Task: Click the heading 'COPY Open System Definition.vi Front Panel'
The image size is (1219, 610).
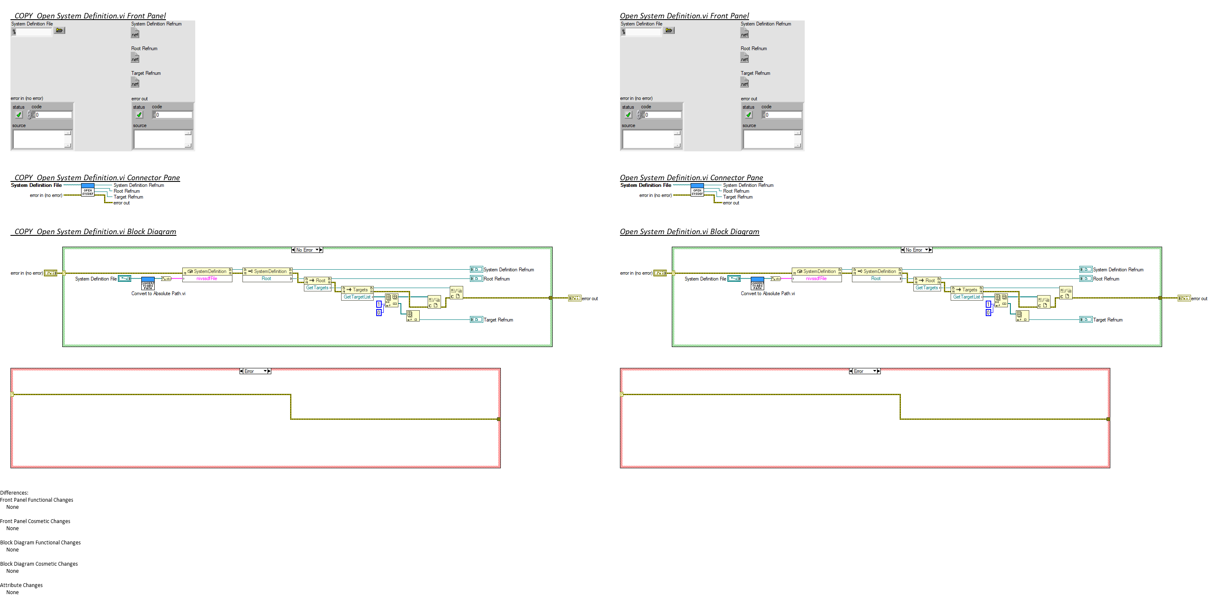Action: point(90,16)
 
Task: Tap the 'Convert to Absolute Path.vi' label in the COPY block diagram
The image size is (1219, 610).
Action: point(158,294)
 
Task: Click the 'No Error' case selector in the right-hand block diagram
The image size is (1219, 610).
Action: point(917,250)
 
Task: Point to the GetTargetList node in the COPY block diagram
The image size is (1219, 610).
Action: point(357,297)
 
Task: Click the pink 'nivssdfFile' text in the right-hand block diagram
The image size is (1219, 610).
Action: point(816,279)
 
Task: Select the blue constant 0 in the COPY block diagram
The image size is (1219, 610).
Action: point(379,313)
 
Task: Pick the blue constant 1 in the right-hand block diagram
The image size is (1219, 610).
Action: point(988,304)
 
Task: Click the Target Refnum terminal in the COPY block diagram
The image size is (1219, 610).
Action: point(476,320)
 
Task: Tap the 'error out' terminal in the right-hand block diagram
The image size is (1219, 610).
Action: point(1184,299)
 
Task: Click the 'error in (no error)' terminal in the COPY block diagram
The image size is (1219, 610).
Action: point(50,273)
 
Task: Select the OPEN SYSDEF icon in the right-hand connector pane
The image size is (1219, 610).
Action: point(697,190)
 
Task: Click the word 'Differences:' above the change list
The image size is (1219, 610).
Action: point(14,493)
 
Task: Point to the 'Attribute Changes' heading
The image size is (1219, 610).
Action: point(21,585)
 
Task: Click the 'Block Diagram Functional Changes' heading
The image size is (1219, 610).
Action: point(40,543)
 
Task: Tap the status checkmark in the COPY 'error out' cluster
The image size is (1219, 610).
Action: point(139,115)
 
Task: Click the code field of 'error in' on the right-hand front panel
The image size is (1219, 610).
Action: point(663,115)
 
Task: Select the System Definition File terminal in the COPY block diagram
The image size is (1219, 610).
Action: point(125,279)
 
